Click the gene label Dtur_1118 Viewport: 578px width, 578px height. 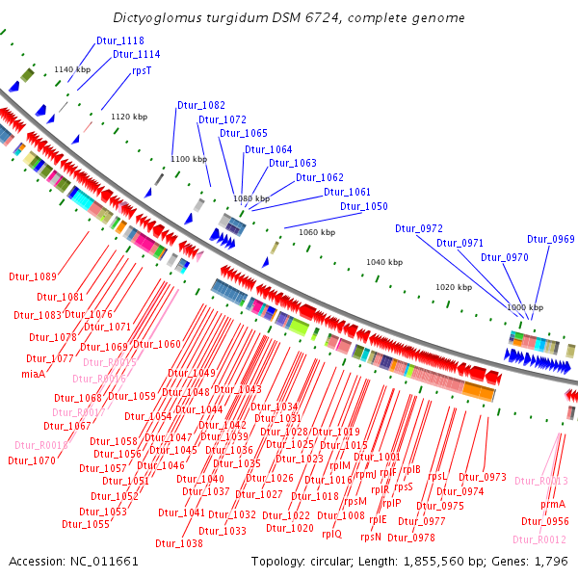(x=120, y=40)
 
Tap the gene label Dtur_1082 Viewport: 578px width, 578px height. (x=200, y=105)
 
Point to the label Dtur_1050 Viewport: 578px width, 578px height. (x=363, y=206)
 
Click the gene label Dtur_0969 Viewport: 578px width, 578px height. (x=550, y=239)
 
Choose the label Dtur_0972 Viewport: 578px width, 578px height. (x=418, y=228)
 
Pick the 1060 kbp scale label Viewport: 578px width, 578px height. (x=317, y=232)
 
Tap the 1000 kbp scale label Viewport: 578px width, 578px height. (x=524, y=306)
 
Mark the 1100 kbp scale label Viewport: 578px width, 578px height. (x=188, y=159)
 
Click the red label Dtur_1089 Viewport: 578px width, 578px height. (x=33, y=276)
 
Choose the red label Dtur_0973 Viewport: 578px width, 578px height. (x=482, y=477)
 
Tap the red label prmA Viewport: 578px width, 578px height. (x=552, y=504)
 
